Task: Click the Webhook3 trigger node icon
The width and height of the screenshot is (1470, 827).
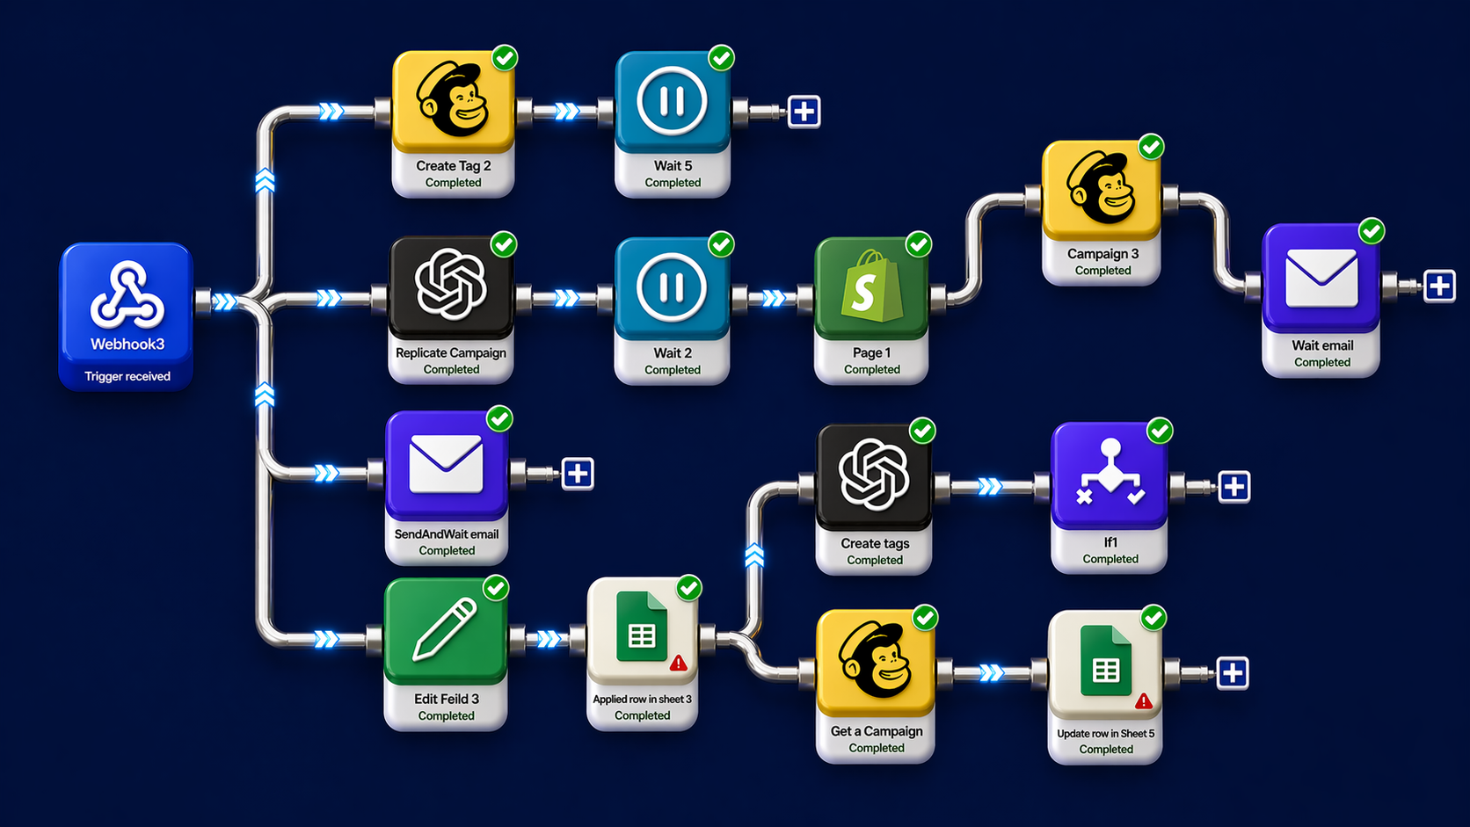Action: click(x=127, y=294)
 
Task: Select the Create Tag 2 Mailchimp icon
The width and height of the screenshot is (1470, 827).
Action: click(x=453, y=100)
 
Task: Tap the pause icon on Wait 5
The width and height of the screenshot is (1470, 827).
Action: click(x=672, y=101)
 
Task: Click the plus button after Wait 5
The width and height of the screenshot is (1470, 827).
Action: click(x=804, y=112)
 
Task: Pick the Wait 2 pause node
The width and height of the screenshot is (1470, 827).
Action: click(x=672, y=287)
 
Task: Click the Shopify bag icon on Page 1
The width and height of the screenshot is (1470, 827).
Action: click(x=870, y=287)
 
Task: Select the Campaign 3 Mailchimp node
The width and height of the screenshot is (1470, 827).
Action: click(x=1101, y=189)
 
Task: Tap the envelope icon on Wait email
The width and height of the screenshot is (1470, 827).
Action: click(x=1321, y=278)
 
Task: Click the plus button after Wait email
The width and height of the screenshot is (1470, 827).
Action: click(x=1439, y=286)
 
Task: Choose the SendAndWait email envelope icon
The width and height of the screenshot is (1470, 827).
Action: click(x=446, y=463)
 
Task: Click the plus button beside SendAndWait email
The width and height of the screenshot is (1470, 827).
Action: click(x=578, y=474)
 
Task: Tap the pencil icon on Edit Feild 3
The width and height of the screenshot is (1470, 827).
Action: click(x=445, y=628)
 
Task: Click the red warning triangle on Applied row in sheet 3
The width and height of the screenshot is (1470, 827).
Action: click(x=678, y=664)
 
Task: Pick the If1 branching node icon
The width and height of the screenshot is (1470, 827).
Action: click(x=1110, y=475)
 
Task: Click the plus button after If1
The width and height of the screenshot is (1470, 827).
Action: click(x=1233, y=486)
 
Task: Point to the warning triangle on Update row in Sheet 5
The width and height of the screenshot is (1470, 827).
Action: click(x=1143, y=700)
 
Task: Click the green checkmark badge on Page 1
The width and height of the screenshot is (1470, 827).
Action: click(x=919, y=244)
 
